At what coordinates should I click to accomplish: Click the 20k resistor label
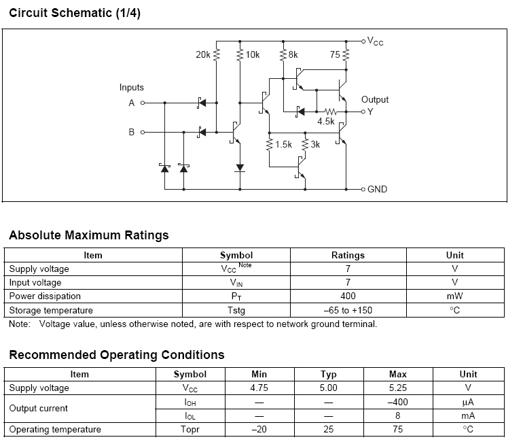click(203, 54)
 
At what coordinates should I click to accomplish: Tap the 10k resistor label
click(252, 54)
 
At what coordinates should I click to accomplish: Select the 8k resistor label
click(293, 54)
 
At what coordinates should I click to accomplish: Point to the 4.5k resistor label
click(326, 121)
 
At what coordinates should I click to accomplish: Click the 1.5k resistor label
click(283, 144)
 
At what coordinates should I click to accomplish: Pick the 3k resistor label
click(315, 144)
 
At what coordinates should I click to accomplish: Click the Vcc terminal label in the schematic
click(375, 41)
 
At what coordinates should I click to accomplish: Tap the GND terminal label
click(377, 189)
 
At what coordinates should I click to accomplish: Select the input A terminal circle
click(143, 103)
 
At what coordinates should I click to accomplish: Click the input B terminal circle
click(143, 131)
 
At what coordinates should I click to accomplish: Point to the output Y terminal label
click(370, 112)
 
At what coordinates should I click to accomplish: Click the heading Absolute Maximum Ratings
click(89, 235)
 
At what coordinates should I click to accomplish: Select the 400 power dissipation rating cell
click(348, 296)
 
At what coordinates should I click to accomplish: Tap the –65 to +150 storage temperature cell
click(348, 310)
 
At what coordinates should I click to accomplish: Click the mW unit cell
click(454, 296)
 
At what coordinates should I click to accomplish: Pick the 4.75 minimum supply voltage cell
click(259, 388)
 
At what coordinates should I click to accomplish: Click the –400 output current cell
click(397, 402)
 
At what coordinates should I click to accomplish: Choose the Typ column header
click(328, 374)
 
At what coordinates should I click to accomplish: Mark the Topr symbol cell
click(190, 429)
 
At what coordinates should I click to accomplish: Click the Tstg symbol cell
click(236, 310)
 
